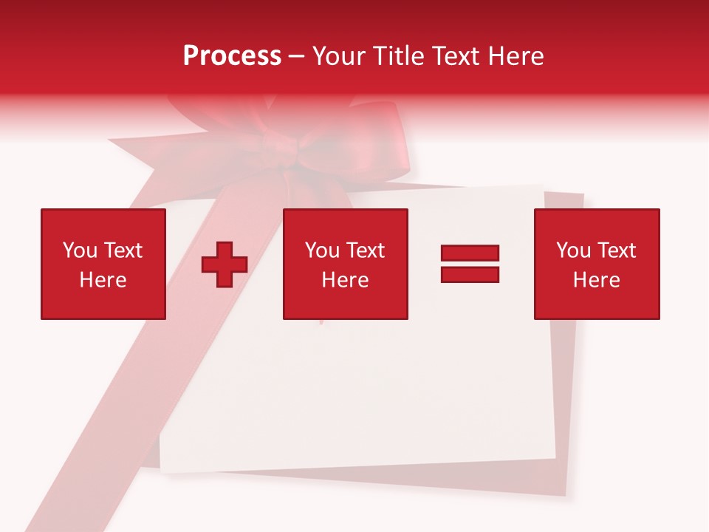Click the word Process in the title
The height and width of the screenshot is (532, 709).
(232, 56)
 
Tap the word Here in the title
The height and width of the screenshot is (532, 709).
(515, 56)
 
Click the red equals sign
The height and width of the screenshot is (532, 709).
(470, 264)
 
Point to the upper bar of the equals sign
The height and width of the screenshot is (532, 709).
(470, 253)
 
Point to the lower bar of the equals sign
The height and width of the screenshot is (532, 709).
(470, 275)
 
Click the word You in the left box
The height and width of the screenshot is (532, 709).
(80, 250)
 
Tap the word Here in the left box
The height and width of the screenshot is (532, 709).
(103, 280)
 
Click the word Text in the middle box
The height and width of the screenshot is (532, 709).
(365, 250)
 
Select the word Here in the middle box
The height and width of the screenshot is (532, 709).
(345, 280)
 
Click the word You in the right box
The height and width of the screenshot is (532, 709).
(573, 250)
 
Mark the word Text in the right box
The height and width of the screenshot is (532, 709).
(616, 250)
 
